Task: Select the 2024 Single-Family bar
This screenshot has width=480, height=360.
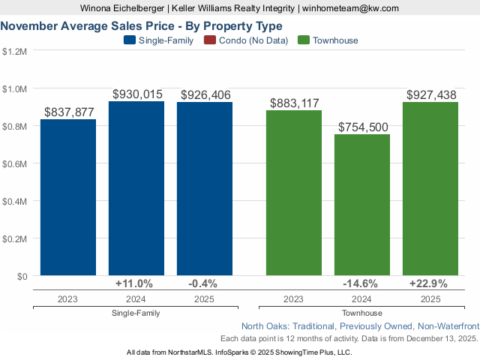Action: (x=136, y=188)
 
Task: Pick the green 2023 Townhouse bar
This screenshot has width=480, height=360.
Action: (x=294, y=193)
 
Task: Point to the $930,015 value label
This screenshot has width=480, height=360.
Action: (x=137, y=94)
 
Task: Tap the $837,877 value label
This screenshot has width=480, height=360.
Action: (x=69, y=112)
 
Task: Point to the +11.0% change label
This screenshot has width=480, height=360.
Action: (x=134, y=283)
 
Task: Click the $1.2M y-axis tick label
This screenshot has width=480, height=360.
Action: (x=14, y=52)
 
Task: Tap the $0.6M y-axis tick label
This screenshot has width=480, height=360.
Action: (x=14, y=164)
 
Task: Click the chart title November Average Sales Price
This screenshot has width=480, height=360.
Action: (x=142, y=25)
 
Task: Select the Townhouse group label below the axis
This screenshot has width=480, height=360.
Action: (x=362, y=313)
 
